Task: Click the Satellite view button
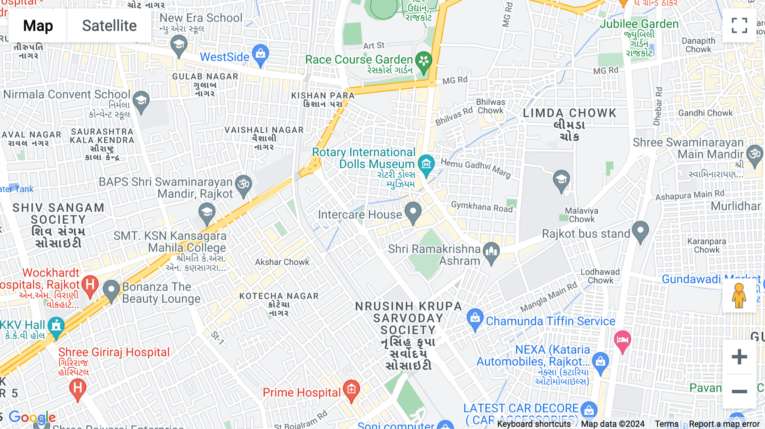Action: pos(109,26)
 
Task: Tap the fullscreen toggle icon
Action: pos(739,25)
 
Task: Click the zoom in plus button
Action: pos(739,356)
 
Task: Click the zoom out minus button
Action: pos(739,391)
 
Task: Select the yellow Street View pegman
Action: pos(739,296)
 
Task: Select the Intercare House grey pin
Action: pos(413,212)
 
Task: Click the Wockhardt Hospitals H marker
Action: pos(90,285)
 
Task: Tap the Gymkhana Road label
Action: pos(482,207)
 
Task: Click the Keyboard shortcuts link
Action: pos(533,424)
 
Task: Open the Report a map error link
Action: pos(724,424)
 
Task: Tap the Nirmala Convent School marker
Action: pos(141,102)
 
